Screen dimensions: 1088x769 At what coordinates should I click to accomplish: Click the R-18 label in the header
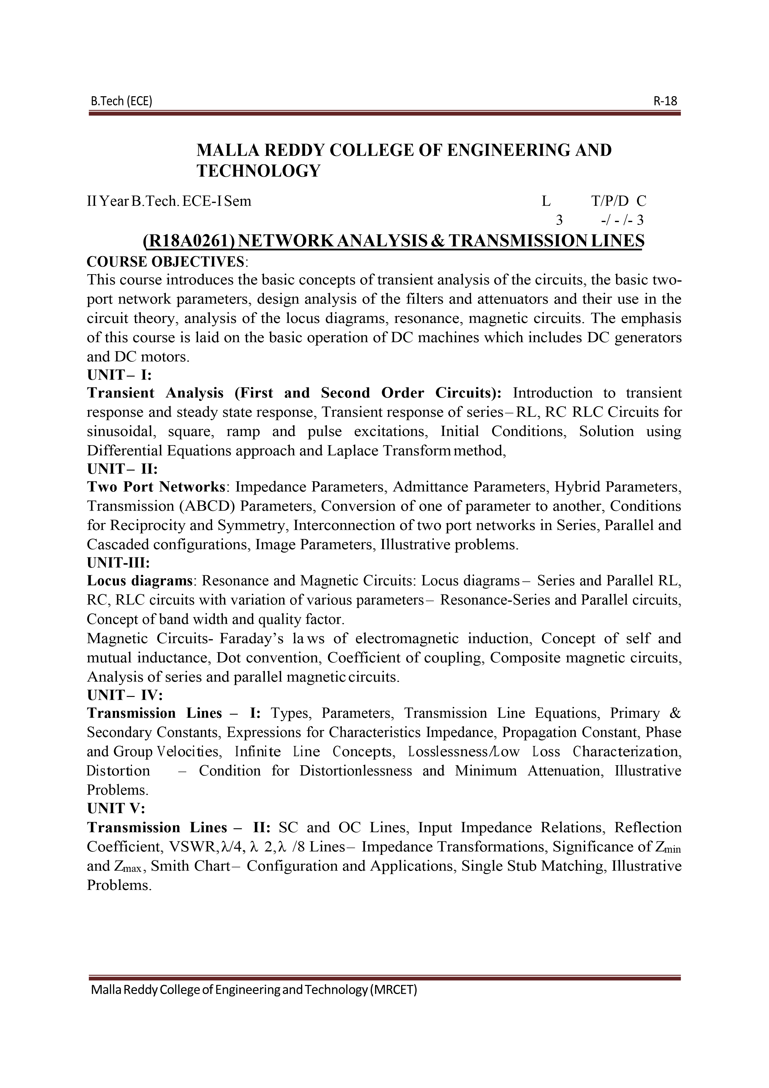(x=665, y=101)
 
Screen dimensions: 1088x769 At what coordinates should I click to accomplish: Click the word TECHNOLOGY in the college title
(x=259, y=171)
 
